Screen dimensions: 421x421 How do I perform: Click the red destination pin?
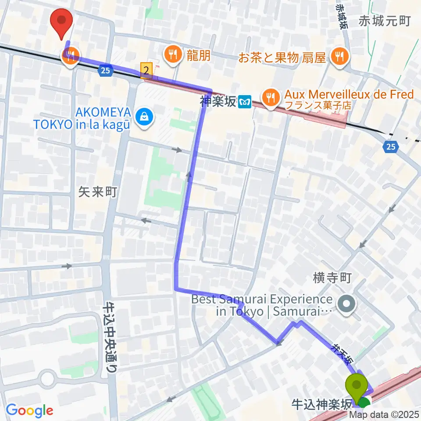[61, 23]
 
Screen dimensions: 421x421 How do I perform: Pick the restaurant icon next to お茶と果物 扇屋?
[339, 56]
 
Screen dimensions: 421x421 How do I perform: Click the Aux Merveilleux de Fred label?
[349, 94]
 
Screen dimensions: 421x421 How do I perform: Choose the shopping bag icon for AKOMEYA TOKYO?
[143, 116]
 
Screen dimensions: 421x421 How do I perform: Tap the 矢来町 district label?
[98, 191]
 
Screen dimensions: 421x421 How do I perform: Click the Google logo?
[29, 410]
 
